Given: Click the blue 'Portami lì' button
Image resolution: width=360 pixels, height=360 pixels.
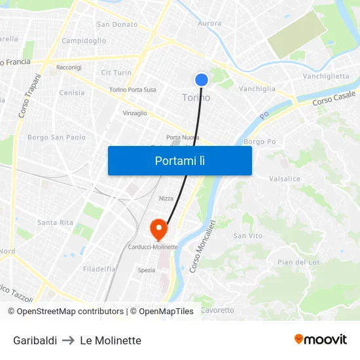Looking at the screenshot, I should click(179, 160).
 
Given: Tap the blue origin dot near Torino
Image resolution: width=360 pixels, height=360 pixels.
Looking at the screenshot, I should click(201, 79).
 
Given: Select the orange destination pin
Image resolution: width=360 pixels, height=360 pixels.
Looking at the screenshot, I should click(158, 228).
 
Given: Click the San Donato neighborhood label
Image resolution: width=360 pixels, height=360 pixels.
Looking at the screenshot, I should click(117, 25).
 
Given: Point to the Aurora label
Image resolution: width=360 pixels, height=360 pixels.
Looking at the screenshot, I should click(209, 24).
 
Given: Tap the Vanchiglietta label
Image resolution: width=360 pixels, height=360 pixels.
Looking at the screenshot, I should click(325, 77).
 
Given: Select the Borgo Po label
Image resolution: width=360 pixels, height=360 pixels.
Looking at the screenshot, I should click(259, 141).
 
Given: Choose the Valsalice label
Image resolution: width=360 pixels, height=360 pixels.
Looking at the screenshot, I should click(285, 178).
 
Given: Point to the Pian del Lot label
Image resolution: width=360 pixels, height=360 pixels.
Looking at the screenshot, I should click(298, 262).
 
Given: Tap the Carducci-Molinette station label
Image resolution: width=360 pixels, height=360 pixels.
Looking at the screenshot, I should click(153, 247).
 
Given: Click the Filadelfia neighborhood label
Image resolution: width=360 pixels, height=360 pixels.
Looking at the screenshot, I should click(99, 269).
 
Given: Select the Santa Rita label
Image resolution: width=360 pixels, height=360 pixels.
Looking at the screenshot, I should click(55, 223).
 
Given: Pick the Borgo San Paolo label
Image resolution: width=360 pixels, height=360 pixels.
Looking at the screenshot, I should click(56, 137).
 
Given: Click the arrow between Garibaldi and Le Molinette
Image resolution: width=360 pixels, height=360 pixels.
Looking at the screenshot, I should click(68, 340).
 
